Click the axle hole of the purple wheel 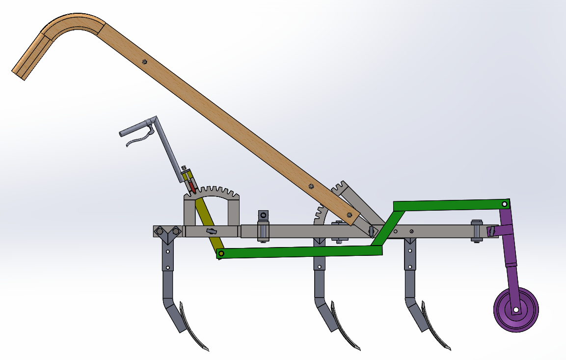pos(516,310)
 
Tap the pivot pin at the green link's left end pos(221,253)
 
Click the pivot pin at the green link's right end pos(505,204)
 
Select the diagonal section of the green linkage pos(387,226)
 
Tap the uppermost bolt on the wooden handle pos(144,61)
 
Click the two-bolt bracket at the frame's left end pos(167,232)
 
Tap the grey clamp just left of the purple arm pos(476,231)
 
